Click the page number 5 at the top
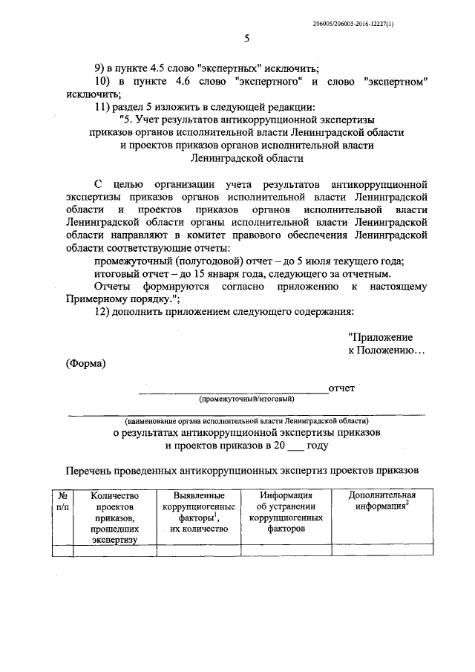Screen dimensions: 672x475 pyautogui.click(x=246, y=39)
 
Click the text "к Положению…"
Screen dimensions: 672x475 pyautogui.click(x=387, y=350)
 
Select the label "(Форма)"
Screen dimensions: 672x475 pyautogui.click(x=85, y=363)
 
